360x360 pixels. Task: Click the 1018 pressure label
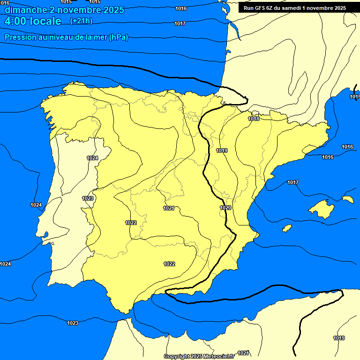tap(254, 119)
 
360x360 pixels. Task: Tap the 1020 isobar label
tap(225, 208)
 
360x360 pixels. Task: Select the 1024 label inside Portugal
tap(92, 158)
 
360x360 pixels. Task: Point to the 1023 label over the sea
tap(73, 323)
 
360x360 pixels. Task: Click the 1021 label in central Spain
tap(169, 208)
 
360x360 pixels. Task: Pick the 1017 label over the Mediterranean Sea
tap(293, 182)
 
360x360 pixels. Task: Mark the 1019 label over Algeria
tap(339, 338)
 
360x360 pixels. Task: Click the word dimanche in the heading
tap(23, 10)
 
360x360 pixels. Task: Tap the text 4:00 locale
tap(33, 21)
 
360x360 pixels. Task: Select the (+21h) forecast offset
tap(81, 21)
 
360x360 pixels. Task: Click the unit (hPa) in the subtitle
tap(118, 37)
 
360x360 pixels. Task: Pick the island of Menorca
tap(347, 199)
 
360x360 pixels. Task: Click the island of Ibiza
tap(286, 228)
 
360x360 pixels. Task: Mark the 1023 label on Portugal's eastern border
tap(88, 198)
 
